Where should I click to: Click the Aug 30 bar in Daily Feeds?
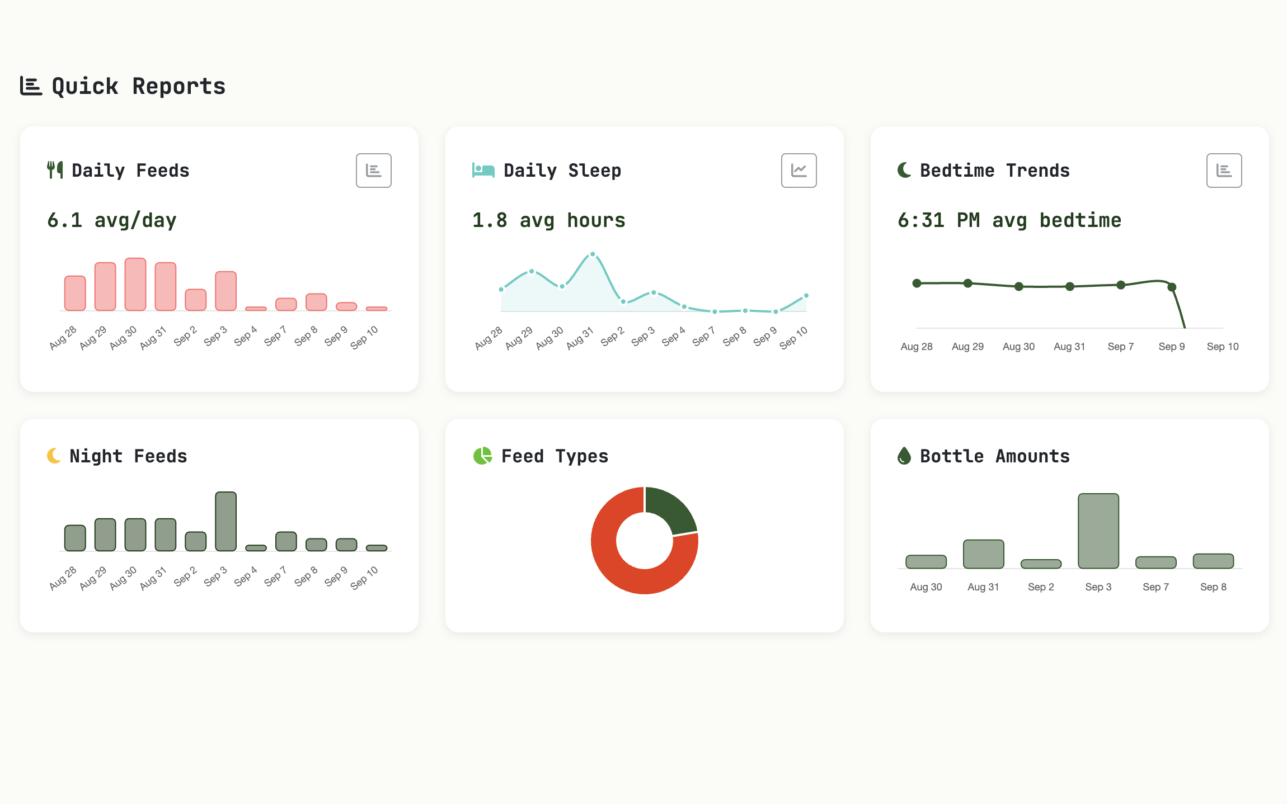point(135,284)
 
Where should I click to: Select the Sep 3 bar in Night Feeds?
point(226,521)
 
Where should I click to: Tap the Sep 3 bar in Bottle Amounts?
point(1098,531)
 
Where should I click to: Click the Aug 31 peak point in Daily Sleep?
point(593,254)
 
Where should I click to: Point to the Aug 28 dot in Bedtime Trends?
point(917,283)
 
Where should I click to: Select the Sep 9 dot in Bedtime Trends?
point(1172,287)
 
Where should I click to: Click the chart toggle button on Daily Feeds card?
point(374,171)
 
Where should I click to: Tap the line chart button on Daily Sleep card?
point(799,171)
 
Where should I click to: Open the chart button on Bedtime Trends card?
point(1224,171)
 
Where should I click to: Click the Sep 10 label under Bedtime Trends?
point(1223,347)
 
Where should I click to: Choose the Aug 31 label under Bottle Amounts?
point(983,587)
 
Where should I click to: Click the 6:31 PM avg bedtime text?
point(1009,220)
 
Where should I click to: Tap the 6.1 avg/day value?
point(112,220)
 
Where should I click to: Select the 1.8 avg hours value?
point(548,220)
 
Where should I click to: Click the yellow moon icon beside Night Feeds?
point(54,456)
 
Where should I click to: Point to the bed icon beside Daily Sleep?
point(483,170)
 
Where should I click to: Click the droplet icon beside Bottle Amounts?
point(904,456)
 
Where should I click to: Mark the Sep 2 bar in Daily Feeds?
point(196,300)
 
